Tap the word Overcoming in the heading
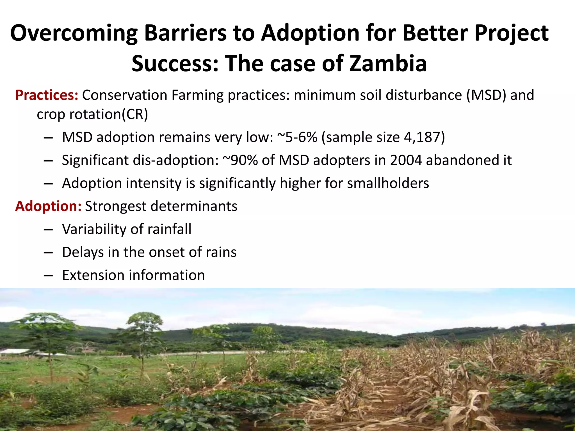tap(74, 33)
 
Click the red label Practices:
tap(47, 95)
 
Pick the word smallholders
tap(388, 183)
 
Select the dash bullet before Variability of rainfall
tap(48, 230)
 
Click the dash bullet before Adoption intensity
tap(48, 184)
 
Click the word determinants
tap(194, 206)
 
